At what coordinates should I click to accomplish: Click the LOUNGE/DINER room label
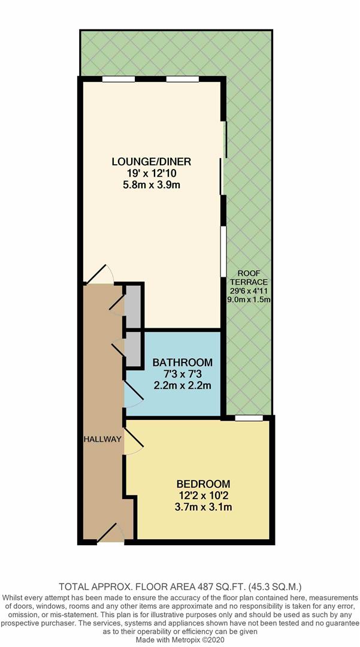[x=152, y=161]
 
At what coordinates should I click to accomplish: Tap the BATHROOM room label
[x=183, y=362]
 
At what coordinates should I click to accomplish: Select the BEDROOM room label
[x=203, y=483]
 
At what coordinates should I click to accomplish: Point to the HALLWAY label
[x=102, y=439]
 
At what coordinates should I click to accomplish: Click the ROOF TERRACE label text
[x=249, y=277]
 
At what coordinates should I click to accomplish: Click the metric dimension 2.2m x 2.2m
[x=183, y=386]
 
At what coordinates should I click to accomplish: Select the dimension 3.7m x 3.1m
[x=203, y=507]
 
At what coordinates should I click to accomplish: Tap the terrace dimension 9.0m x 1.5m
[x=249, y=300]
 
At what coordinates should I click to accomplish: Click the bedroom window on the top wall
[x=249, y=418]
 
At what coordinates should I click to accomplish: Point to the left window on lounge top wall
[x=119, y=79]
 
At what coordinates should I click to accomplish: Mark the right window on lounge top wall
[x=183, y=79]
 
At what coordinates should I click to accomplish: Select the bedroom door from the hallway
[x=134, y=441]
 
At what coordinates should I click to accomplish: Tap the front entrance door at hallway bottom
[x=110, y=532]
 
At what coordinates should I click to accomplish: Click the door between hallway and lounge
[x=99, y=274]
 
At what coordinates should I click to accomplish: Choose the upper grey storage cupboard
[x=132, y=306]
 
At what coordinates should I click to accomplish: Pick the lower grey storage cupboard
[x=132, y=349]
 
